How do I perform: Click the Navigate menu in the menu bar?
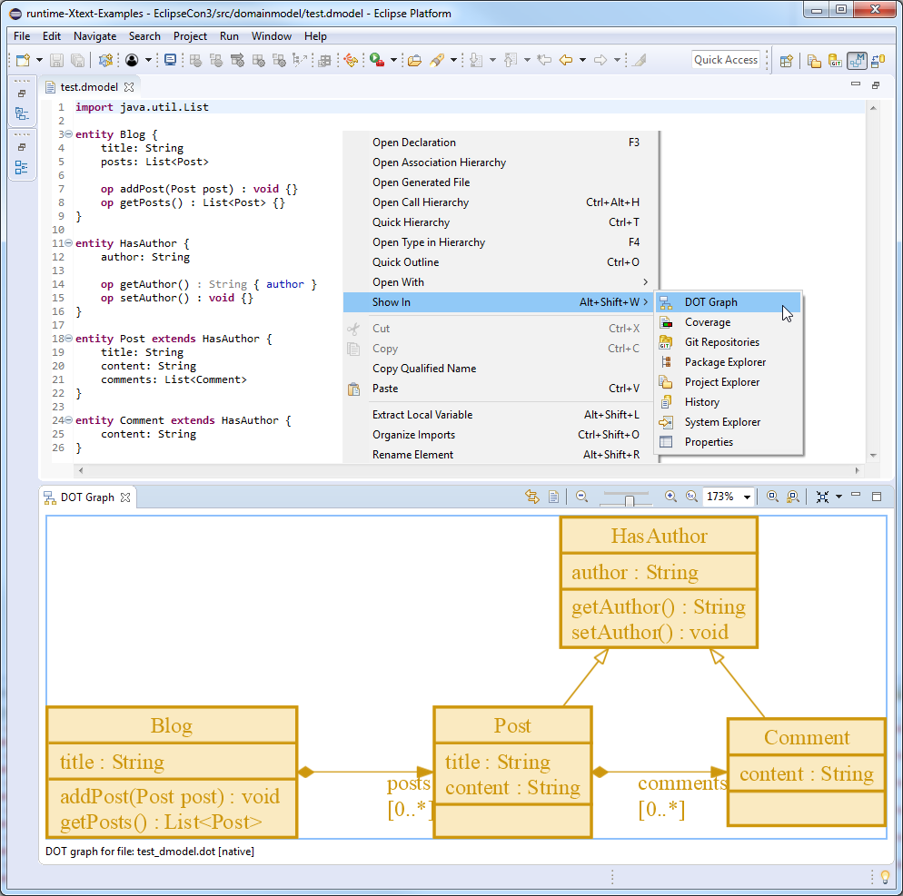coord(95,36)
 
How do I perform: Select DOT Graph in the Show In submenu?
coord(710,302)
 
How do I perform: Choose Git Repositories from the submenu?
coord(721,342)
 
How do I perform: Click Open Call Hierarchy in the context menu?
coord(421,202)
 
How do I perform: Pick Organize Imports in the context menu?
coord(413,435)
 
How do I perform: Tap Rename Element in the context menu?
coord(412,455)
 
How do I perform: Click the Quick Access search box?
coord(726,60)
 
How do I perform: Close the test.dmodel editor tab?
coord(129,87)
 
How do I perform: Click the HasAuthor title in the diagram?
coord(659,536)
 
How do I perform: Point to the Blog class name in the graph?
coord(171,725)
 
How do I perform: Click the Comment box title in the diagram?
coord(807,737)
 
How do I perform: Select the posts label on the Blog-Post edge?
coord(408,783)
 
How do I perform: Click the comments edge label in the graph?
coord(682,783)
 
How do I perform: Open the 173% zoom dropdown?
coord(747,497)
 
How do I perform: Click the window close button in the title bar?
coord(875,9)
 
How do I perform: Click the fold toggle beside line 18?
coord(68,339)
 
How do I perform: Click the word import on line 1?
coord(94,107)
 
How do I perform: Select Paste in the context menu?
coord(384,389)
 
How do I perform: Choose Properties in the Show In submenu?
coord(709,442)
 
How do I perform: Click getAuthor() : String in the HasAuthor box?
coord(659,607)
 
